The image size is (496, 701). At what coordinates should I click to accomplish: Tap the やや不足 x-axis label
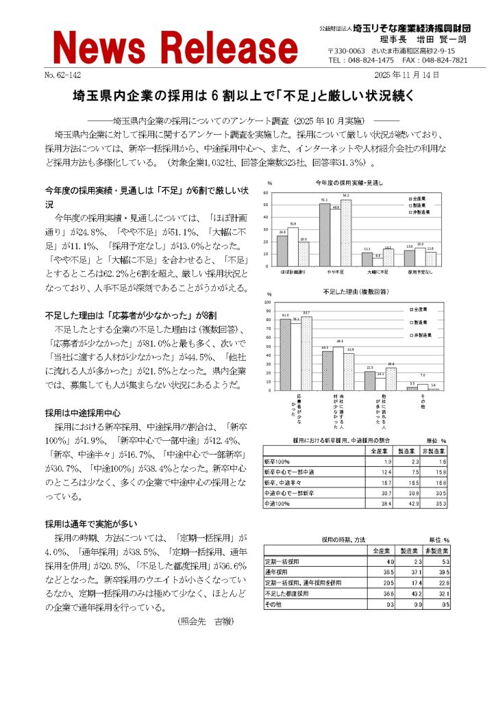[x=336, y=272]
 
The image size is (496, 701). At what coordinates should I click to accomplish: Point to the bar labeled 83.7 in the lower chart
[x=306, y=353]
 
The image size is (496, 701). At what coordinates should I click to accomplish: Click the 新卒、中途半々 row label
[x=281, y=482]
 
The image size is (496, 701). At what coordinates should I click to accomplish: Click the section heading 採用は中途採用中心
[x=83, y=413]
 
